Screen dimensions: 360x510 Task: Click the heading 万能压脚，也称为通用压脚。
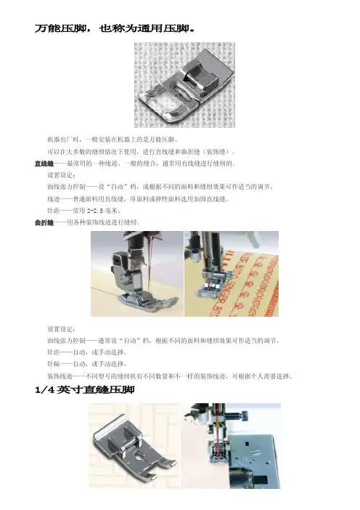(x=115, y=28)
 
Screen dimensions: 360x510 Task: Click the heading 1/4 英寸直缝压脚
(x=85, y=389)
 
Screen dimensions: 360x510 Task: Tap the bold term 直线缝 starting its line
(x=44, y=163)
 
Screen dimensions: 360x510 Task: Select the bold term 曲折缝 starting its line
(x=44, y=223)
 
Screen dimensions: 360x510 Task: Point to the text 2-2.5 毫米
(x=103, y=211)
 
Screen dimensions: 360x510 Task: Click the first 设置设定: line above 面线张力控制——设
(x=62, y=175)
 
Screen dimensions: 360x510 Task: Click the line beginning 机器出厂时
(x=112, y=140)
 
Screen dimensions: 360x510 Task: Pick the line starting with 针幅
(x=87, y=364)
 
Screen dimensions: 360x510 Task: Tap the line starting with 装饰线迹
(x=170, y=376)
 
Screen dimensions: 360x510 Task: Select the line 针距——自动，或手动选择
(x=87, y=352)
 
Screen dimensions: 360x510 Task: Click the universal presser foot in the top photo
(x=186, y=87)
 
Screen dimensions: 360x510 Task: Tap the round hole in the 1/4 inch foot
(x=140, y=457)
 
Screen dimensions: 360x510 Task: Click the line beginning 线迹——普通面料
(x=138, y=199)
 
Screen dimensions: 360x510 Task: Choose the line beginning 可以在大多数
(x=142, y=152)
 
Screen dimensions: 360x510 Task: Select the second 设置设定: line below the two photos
(x=62, y=329)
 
